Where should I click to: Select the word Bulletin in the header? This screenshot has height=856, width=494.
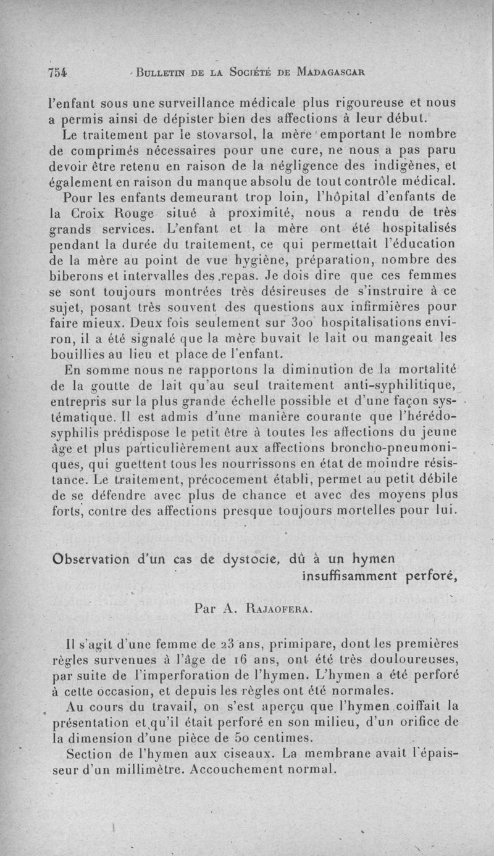click(163, 70)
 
